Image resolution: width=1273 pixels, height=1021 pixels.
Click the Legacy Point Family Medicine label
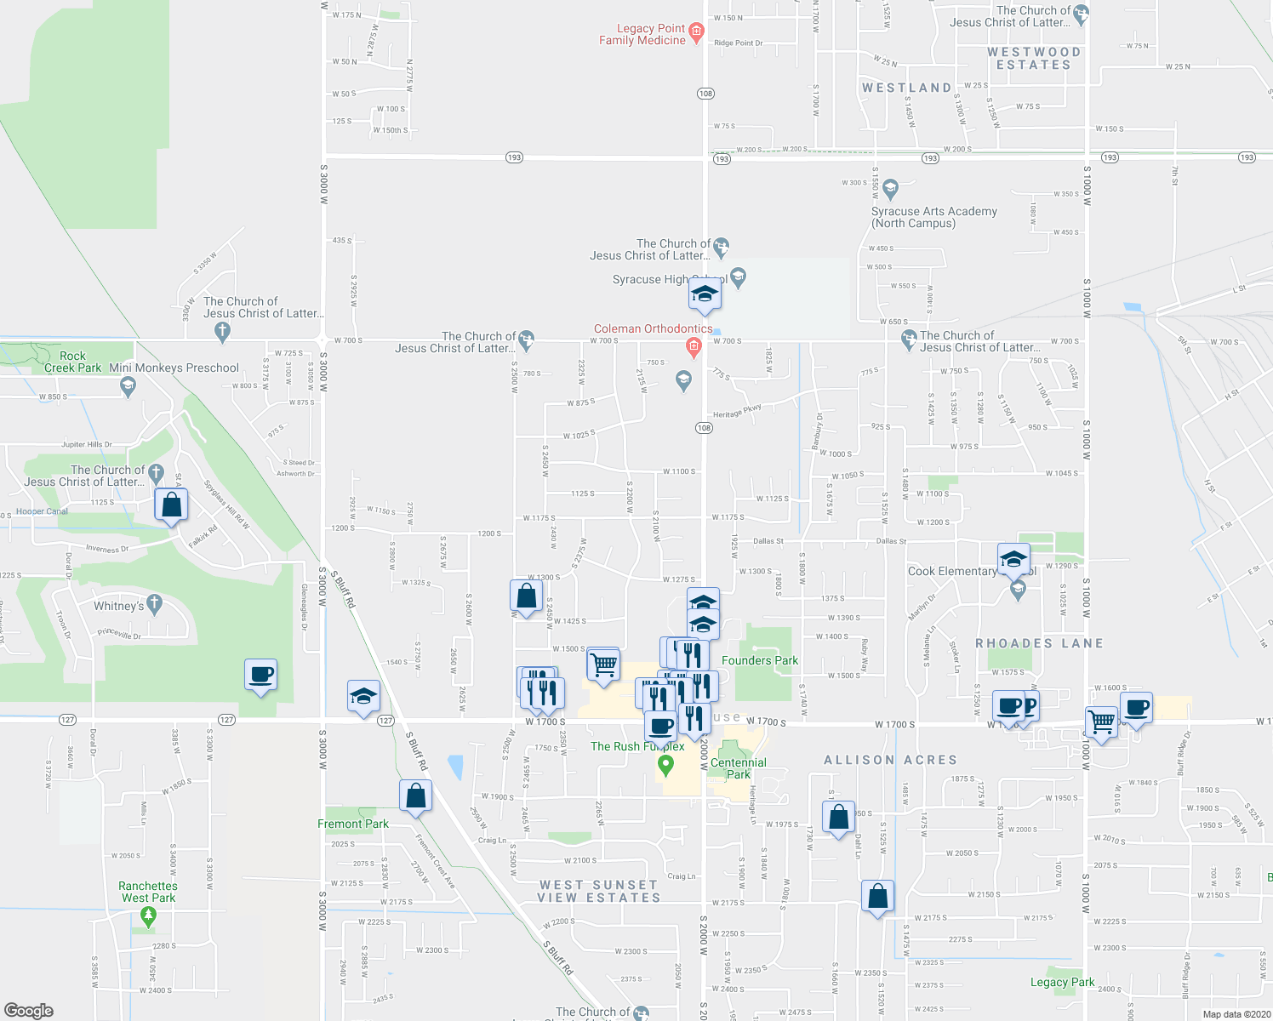click(642, 35)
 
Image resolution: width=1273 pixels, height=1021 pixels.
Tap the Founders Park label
click(759, 660)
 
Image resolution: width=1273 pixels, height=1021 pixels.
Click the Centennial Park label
click(738, 768)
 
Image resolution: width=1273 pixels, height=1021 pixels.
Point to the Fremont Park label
click(352, 824)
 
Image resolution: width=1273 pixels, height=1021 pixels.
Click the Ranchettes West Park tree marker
click(149, 916)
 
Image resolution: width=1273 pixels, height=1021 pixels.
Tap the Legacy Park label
click(1062, 982)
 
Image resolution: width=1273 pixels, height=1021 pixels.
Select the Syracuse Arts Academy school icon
click(890, 187)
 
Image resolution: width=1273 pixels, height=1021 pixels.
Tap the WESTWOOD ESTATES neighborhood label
click(1034, 58)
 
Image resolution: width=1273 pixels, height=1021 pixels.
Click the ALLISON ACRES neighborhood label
click(890, 760)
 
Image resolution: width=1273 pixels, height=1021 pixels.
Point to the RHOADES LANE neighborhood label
click(1039, 643)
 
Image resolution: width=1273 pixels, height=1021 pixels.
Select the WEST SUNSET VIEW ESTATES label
click(599, 891)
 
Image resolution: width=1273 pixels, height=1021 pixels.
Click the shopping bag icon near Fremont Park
click(415, 797)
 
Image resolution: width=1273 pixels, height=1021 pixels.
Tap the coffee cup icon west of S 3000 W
click(260, 676)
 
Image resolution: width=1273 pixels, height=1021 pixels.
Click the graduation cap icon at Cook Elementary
click(1013, 559)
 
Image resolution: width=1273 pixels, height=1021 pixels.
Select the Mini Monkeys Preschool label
click(174, 368)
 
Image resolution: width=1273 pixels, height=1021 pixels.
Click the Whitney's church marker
click(154, 605)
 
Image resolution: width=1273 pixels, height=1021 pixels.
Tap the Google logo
click(29, 1011)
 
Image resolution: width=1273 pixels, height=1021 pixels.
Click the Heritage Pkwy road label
click(737, 411)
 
